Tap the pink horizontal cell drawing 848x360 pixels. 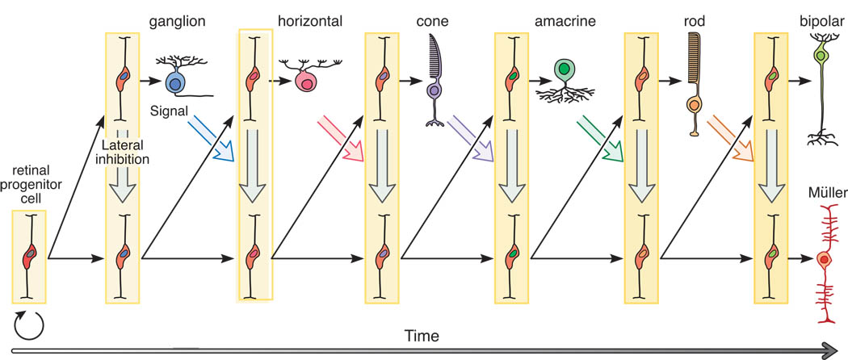pyautogui.click(x=307, y=80)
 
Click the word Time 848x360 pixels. pyautogui.click(x=423, y=333)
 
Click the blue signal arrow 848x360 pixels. pyautogui.click(x=212, y=136)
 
